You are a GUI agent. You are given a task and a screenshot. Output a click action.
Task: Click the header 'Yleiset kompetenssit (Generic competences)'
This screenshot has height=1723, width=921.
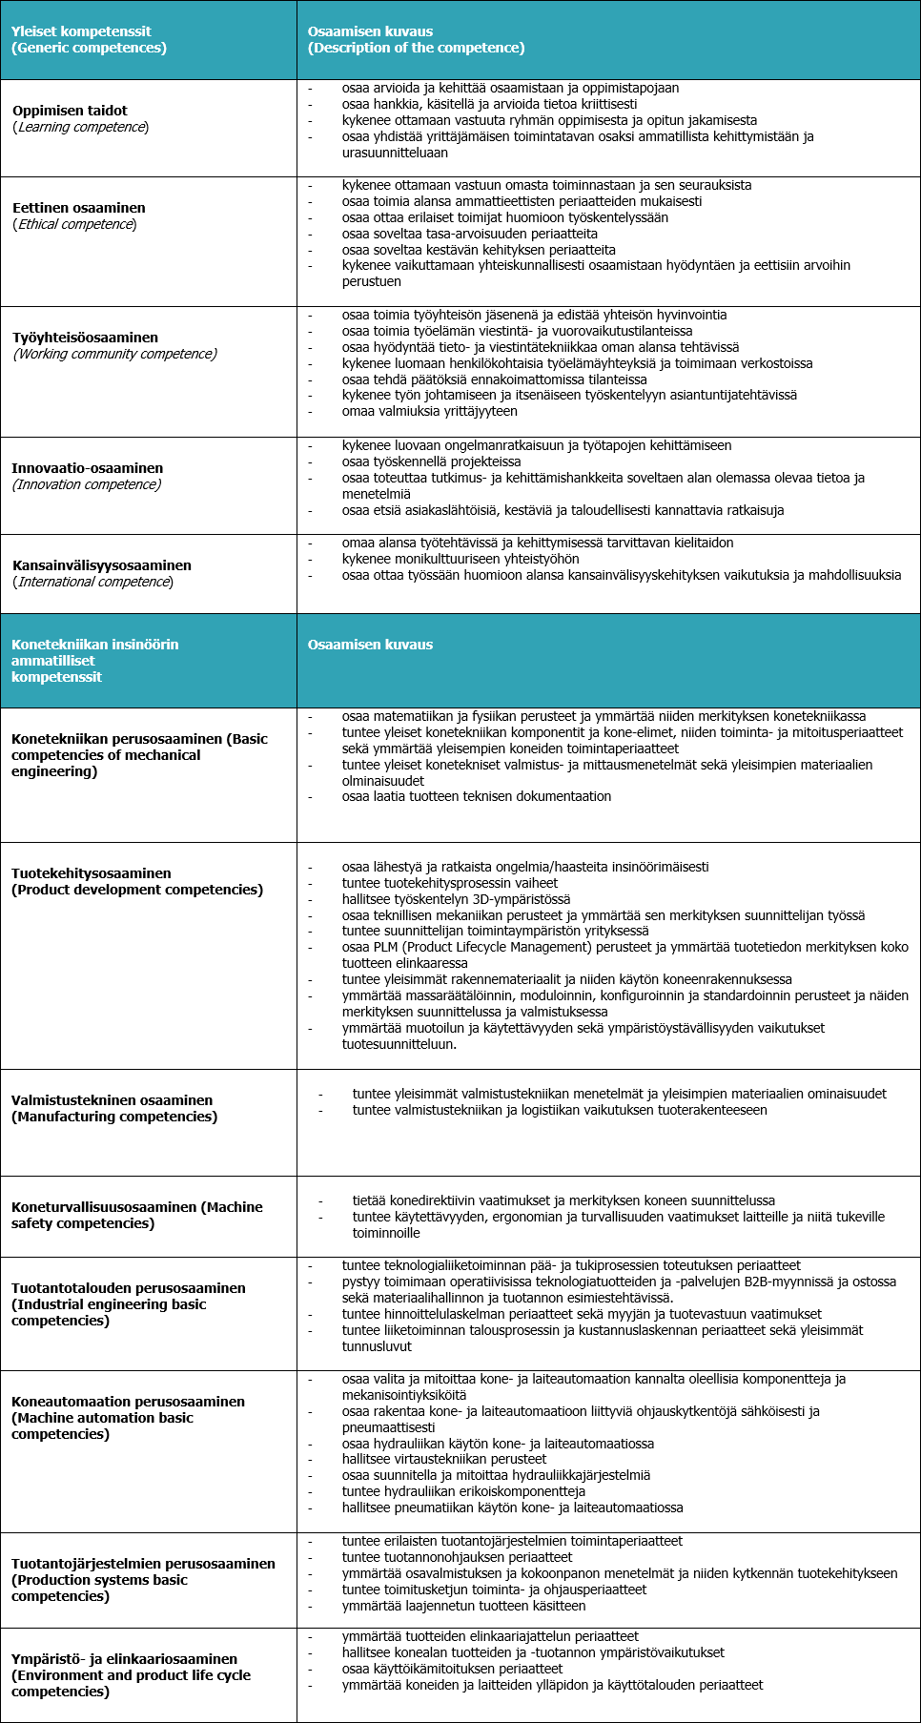point(89,40)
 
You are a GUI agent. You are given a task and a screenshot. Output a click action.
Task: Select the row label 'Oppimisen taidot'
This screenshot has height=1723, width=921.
point(70,111)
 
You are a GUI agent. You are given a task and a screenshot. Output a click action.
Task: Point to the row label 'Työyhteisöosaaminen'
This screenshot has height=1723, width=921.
point(85,338)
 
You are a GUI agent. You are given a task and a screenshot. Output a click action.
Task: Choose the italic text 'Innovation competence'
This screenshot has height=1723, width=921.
point(87,484)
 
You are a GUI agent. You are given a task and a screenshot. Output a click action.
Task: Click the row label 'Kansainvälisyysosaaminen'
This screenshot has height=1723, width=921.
point(101,565)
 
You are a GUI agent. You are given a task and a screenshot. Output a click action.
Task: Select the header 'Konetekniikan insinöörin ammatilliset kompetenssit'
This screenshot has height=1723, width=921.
point(94,661)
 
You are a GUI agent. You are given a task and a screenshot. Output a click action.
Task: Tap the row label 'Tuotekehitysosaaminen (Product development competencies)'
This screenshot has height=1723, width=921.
point(136,881)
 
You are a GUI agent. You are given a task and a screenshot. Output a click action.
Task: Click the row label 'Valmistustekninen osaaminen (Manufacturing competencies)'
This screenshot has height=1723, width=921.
point(114,1108)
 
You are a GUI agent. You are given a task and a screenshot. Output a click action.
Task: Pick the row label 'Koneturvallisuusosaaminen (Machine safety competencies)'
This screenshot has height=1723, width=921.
point(136,1215)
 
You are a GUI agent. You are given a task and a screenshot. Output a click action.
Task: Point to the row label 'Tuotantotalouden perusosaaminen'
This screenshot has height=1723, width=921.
point(128,1288)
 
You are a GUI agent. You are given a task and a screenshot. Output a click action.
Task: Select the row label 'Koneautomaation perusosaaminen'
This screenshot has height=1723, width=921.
point(128,1402)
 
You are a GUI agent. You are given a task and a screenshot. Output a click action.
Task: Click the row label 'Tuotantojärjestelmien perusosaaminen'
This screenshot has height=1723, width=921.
point(143,1564)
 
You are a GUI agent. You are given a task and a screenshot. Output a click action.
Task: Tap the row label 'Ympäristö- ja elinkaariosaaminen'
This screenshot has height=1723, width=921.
point(124,1659)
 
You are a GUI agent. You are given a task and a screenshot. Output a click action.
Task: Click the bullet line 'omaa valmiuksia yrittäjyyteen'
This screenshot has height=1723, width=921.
point(429,411)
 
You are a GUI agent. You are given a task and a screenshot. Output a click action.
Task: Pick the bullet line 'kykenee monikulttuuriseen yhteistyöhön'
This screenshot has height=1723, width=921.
point(460,559)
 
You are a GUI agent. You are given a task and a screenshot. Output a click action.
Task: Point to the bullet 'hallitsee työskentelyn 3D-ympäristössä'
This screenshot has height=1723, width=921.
point(456,899)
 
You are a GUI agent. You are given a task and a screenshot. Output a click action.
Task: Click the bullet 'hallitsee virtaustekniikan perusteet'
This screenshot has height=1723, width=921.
point(444,1459)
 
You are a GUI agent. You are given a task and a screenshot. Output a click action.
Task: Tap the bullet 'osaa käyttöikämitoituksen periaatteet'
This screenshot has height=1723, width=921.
point(452,1669)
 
